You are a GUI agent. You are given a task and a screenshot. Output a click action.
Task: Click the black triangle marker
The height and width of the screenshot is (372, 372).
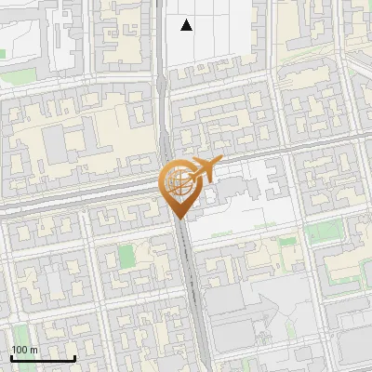pos(187,25)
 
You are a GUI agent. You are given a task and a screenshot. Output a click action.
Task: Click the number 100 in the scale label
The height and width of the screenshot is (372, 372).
pos(20,350)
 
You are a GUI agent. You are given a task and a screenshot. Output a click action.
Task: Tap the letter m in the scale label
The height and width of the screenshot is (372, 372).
pos(34,350)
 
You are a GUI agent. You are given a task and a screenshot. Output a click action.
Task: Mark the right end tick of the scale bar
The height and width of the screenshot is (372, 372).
pos(74,358)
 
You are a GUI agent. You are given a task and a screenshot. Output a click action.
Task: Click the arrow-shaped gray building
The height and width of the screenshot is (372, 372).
pos(264,305)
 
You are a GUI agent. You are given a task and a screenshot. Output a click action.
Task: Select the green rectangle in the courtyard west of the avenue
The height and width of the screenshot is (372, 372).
pos(127,257)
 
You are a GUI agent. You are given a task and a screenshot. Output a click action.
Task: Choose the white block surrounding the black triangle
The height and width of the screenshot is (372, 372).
pos(209,37)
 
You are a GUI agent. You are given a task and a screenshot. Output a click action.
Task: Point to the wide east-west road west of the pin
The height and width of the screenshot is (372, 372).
pos(74,204)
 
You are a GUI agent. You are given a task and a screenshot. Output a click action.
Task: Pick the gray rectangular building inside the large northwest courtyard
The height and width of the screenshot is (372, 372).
pos(54,143)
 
